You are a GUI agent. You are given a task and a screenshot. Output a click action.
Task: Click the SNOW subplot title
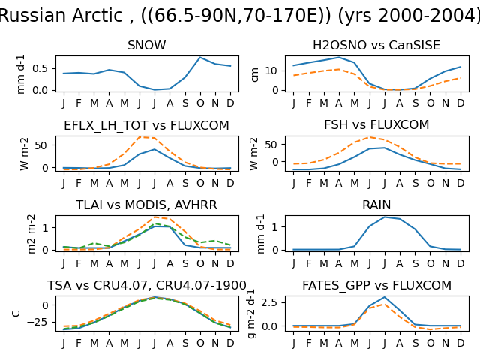click(147, 45)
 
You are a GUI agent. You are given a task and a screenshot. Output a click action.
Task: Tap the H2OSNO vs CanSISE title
click(376, 45)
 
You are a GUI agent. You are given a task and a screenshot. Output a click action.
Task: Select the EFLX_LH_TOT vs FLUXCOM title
click(147, 125)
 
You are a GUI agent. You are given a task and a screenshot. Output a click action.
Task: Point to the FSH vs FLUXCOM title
click(376, 125)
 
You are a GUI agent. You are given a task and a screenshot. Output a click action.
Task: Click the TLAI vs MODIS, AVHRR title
click(146, 205)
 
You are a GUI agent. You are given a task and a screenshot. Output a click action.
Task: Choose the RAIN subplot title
click(376, 205)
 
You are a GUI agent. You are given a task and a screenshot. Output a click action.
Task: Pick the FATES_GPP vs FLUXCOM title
click(376, 285)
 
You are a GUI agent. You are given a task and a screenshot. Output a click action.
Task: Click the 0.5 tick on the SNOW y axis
click(40, 68)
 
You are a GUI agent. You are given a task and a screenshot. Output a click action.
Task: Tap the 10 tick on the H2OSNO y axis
click(271, 70)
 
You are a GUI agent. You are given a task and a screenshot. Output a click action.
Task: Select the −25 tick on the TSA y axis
click(37, 322)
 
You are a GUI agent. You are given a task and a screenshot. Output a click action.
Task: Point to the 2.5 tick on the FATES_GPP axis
click(269, 302)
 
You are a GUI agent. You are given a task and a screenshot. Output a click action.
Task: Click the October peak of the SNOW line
click(200, 58)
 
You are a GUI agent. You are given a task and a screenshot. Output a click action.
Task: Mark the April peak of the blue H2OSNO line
click(338, 58)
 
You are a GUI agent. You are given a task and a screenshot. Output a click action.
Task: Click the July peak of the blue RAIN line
click(384, 217)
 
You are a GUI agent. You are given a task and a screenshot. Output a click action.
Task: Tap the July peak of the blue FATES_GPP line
click(384, 297)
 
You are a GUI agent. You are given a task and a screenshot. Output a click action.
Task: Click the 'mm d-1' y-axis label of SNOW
click(20, 74)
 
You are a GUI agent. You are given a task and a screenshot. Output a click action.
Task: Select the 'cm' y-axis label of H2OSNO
click(255, 75)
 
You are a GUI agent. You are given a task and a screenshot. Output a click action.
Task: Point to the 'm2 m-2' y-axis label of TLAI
click(31, 234)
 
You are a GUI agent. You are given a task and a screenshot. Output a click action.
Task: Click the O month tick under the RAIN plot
click(430, 263)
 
